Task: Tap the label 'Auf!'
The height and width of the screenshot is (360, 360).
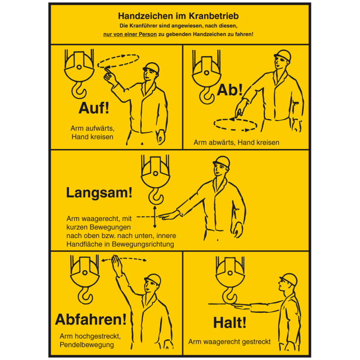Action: pos(94,108)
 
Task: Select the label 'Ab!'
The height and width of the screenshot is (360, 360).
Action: pos(229,90)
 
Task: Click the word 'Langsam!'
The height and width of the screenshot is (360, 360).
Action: pos(99,193)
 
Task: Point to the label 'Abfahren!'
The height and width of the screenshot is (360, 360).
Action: pos(90,319)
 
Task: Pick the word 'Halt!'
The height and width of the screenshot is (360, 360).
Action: pos(229,322)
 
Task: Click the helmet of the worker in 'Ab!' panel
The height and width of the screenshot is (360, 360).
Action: pos(283,55)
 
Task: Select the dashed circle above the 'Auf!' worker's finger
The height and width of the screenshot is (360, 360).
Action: pos(119,61)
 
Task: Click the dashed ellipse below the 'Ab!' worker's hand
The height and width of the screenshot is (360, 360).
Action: pos(235,124)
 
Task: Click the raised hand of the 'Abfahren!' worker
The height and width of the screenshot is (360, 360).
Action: pos(116,265)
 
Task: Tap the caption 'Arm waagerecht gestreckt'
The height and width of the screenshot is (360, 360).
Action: pos(229,342)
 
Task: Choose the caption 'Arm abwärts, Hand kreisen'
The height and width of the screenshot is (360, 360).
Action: pos(236,143)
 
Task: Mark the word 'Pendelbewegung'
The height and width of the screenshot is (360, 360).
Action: pos(86,345)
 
